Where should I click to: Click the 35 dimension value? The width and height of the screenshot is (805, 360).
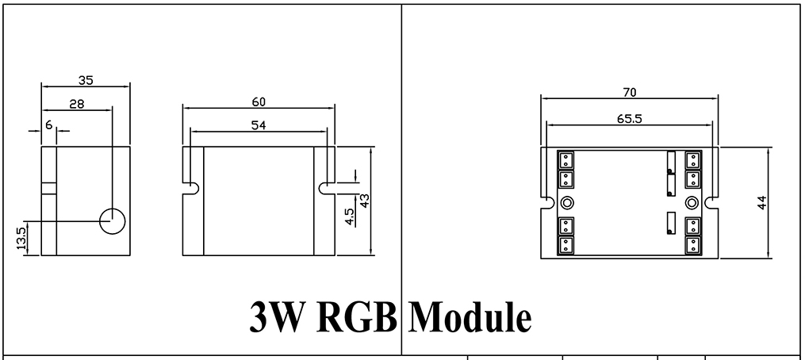pyautogui.click(x=86, y=79)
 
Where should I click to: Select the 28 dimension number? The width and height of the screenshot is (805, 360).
pyautogui.click(x=77, y=102)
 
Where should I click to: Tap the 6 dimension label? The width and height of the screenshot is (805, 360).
pyautogui.click(x=49, y=125)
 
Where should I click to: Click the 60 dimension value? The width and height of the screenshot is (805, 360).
pyautogui.click(x=258, y=101)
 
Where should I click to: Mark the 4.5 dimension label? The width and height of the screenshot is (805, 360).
pyautogui.click(x=350, y=216)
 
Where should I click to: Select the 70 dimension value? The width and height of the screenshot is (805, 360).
pyautogui.click(x=629, y=92)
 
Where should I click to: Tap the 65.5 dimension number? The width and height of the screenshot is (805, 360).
pyautogui.click(x=629, y=116)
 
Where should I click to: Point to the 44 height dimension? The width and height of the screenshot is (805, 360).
pyautogui.click(x=762, y=203)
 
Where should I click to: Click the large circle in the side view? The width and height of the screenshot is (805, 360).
pyautogui.click(x=113, y=221)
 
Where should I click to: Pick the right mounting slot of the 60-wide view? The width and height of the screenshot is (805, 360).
pyautogui.click(x=326, y=188)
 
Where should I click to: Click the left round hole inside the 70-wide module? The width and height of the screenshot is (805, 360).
pyautogui.click(x=568, y=201)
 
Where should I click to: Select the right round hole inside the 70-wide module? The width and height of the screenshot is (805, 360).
pyautogui.click(x=691, y=201)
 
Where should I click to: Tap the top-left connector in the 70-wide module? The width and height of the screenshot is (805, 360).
pyautogui.click(x=567, y=158)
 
